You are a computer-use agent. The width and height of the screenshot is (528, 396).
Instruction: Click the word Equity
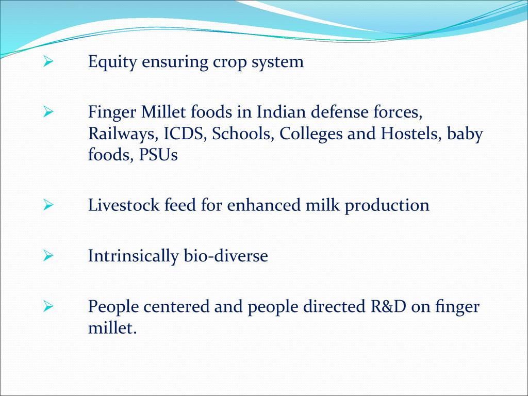(x=112, y=62)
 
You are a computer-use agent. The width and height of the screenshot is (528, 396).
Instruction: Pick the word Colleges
(x=311, y=134)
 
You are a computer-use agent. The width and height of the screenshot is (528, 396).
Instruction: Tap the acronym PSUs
(x=158, y=155)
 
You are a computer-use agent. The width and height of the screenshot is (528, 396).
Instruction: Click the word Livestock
(x=124, y=205)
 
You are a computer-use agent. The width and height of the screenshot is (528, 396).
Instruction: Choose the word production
(x=387, y=206)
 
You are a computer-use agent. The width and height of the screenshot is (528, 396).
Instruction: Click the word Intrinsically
(x=133, y=256)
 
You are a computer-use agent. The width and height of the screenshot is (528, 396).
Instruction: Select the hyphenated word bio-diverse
(x=226, y=256)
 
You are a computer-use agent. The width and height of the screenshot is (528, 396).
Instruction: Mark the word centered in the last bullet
(x=176, y=306)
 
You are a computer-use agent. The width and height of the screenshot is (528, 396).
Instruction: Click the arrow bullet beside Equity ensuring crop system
(x=48, y=62)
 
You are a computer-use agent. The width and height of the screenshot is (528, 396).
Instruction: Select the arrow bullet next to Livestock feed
(x=48, y=205)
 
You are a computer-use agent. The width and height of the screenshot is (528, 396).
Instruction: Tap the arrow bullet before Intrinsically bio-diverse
(x=48, y=256)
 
